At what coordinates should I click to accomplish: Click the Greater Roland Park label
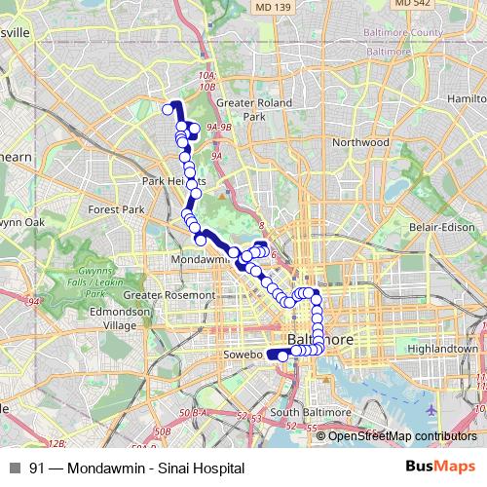point(242,108)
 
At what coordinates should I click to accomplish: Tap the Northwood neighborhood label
point(360,142)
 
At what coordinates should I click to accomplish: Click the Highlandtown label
point(445,348)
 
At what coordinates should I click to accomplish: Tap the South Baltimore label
point(310,413)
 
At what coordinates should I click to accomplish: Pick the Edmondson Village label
point(114,318)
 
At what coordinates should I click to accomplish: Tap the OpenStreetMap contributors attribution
point(402,436)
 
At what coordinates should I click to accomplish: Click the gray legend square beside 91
point(15,468)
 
